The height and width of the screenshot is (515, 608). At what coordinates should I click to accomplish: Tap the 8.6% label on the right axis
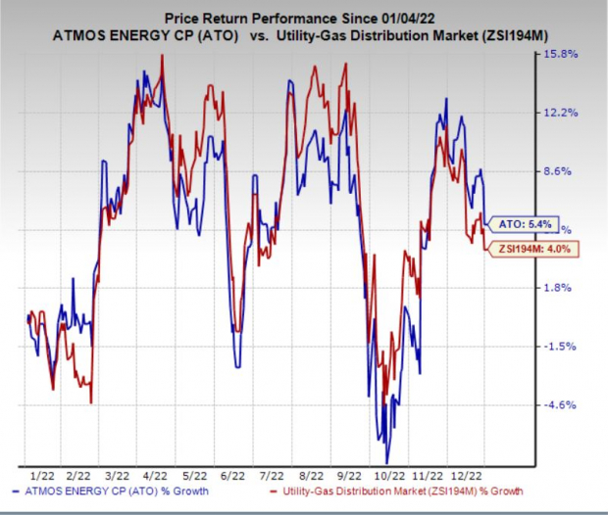tap(558, 171)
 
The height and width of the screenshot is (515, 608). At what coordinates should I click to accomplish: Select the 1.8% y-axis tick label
tap(558, 288)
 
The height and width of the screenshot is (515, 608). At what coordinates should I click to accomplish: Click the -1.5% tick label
tap(560, 347)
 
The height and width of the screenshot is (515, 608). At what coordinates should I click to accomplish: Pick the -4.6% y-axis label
tap(560, 405)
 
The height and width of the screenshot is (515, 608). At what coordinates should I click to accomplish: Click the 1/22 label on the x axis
tap(42, 476)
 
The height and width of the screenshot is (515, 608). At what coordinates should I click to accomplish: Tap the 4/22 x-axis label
tap(155, 476)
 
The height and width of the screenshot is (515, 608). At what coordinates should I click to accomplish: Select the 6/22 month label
tap(232, 476)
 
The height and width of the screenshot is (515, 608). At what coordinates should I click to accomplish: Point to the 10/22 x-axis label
tap(390, 476)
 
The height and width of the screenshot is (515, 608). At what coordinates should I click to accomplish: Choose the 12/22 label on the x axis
tap(468, 476)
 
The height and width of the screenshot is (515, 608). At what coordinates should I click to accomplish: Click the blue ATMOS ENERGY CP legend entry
tap(111, 492)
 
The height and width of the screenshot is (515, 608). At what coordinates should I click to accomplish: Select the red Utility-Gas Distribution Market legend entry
tap(396, 492)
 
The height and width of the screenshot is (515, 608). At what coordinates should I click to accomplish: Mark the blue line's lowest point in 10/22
tap(386, 463)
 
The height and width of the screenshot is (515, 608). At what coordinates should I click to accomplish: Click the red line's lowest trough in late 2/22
tap(91, 403)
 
